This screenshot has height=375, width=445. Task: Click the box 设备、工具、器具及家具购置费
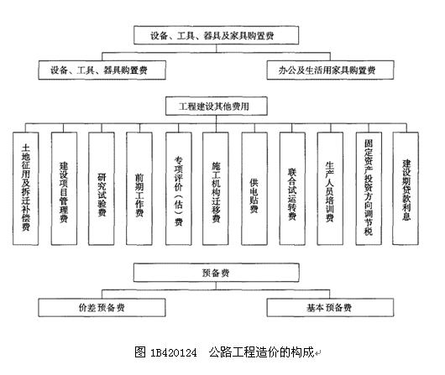(x=217, y=35)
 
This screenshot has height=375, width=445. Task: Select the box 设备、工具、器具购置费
(x=102, y=70)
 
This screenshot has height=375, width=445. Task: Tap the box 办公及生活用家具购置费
(x=330, y=70)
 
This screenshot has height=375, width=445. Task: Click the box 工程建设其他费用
(x=217, y=106)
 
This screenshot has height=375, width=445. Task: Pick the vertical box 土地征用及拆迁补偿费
(x=25, y=189)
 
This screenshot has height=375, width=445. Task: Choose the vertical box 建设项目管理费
(x=64, y=189)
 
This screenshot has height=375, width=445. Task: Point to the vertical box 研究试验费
(x=102, y=189)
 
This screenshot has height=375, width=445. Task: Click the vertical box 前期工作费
(x=139, y=189)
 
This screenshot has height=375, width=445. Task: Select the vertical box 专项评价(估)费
(x=179, y=189)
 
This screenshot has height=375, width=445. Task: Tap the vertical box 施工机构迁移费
(x=216, y=189)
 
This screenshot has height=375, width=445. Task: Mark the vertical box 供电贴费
(x=254, y=189)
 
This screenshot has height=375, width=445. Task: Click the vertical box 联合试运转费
(x=292, y=189)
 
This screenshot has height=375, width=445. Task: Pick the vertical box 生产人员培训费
(x=330, y=189)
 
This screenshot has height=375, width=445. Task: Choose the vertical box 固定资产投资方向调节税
(x=369, y=189)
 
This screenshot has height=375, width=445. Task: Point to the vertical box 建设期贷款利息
(x=406, y=189)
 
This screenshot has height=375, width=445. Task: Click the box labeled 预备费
(x=217, y=273)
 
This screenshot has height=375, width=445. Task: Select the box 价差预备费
(x=102, y=307)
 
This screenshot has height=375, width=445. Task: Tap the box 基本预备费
(x=330, y=307)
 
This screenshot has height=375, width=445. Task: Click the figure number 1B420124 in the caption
(x=174, y=352)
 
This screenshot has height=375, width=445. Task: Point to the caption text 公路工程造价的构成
(x=261, y=352)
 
